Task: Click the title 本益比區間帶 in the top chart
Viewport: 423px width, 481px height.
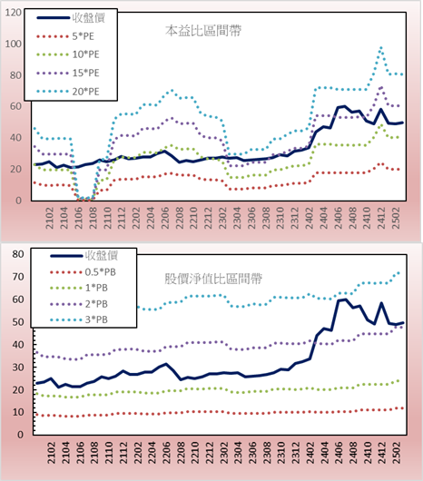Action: (203, 31)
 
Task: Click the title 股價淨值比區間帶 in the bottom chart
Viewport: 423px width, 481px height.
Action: (213, 279)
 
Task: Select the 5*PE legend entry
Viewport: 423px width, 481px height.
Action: (65, 36)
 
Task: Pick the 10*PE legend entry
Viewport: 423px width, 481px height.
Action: (68, 54)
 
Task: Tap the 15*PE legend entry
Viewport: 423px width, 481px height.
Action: (68, 73)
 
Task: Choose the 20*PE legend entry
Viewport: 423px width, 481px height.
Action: (68, 92)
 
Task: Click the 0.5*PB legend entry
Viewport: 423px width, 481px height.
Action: (83, 272)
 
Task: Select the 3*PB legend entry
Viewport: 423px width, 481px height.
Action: (79, 319)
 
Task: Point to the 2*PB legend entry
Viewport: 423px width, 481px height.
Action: (79, 304)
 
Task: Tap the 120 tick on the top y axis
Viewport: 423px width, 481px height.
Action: (14, 13)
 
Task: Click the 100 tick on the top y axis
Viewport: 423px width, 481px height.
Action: (14, 44)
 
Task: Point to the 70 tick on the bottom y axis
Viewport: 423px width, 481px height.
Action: (18, 277)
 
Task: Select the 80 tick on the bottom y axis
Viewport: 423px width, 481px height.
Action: (18, 254)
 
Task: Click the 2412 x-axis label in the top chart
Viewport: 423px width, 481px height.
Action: (381, 218)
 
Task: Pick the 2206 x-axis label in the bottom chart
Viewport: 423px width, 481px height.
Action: (167, 453)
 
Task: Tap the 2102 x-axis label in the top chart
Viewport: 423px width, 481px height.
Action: (50, 218)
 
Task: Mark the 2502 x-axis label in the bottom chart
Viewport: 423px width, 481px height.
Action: (398, 453)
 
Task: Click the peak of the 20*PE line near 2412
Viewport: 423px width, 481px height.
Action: (381, 48)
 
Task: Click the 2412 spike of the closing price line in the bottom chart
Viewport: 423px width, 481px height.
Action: (381, 303)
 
